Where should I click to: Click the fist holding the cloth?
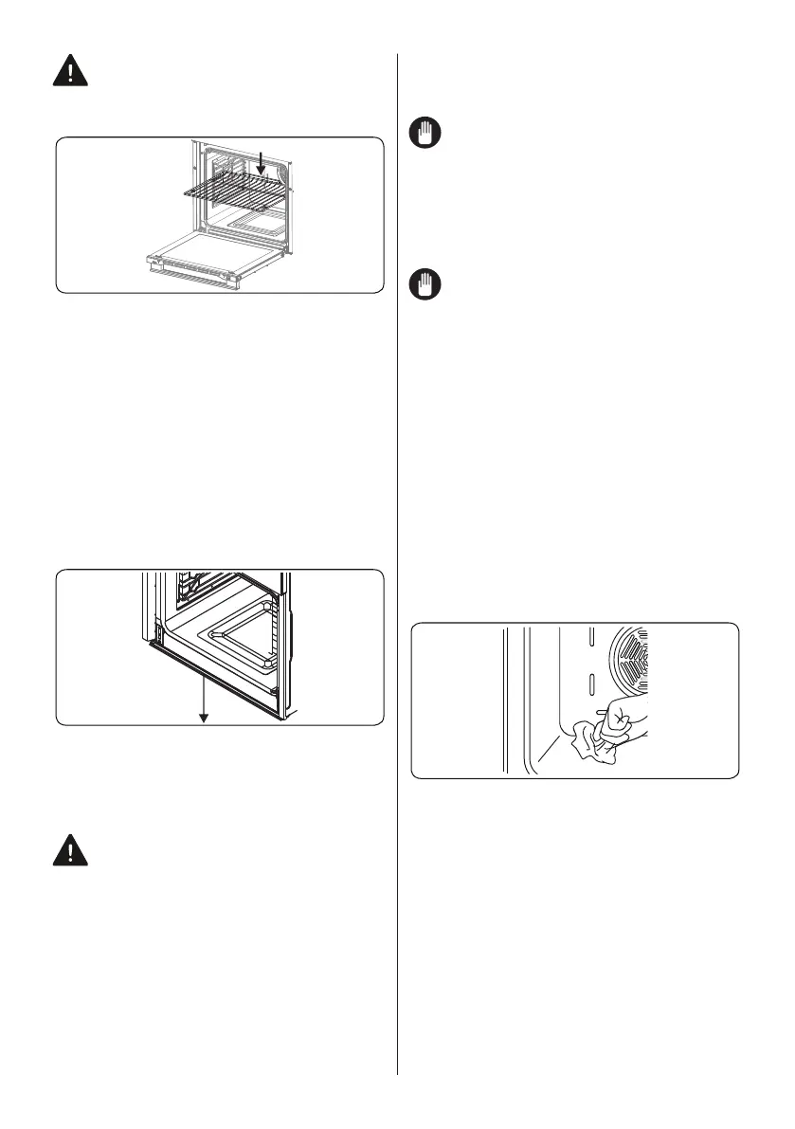[x=621, y=720]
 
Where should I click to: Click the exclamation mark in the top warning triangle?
[x=68, y=71]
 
